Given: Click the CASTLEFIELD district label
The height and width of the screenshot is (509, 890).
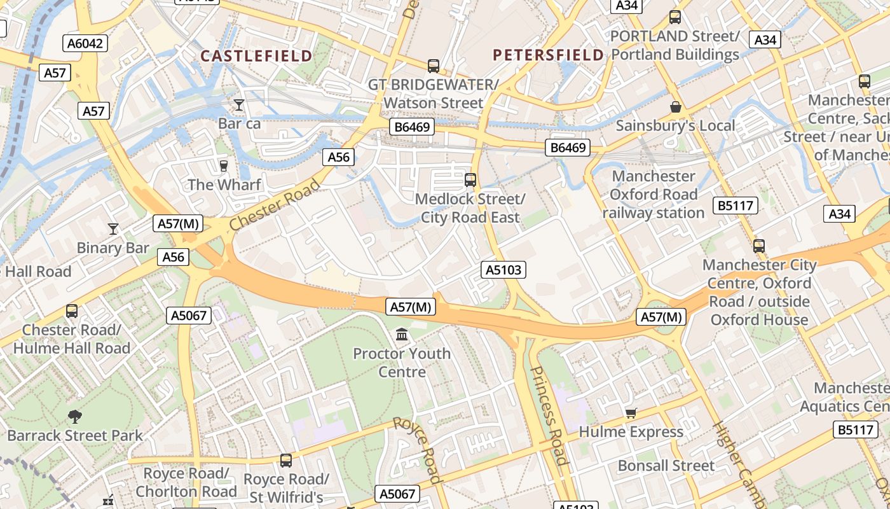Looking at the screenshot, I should (x=257, y=56).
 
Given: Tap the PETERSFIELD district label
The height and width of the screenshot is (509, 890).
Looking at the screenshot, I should (x=548, y=55).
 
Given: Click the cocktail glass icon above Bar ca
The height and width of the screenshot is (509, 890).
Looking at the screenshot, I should (x=239, y=104).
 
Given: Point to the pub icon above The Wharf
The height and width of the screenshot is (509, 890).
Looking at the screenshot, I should (x=223, y=166).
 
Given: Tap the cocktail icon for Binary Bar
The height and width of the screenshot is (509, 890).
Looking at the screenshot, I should (x=113, y=228).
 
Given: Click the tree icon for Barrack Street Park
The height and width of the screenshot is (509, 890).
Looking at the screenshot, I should (x=75, y=417).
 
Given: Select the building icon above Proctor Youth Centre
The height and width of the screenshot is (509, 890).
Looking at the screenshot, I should (x=402, y=334).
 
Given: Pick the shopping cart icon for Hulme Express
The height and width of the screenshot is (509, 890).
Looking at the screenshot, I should (x=631, y=414).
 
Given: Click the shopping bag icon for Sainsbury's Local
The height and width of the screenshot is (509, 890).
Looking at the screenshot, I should (x=675, y=107).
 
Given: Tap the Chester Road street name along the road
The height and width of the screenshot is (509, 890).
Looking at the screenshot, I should (x=275, y=205).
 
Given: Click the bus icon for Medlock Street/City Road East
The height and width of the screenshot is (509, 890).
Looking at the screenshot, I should (x=470, y=180).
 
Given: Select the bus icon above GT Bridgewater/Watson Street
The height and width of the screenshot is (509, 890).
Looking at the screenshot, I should (x=434, y=66).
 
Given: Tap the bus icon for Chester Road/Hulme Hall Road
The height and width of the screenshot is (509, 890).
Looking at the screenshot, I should (x=72, y=311).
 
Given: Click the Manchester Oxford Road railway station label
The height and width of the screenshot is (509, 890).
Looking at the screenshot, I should (x=654, y=194).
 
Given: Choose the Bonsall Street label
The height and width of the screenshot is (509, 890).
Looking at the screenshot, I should (x=666, y=466).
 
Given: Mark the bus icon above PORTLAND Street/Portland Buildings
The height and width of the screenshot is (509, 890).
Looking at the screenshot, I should (x=675, y=17).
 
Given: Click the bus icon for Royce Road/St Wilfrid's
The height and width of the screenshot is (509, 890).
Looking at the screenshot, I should (x=286, y=460).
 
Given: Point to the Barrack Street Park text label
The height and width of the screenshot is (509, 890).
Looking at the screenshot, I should (x=75, y=436).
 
